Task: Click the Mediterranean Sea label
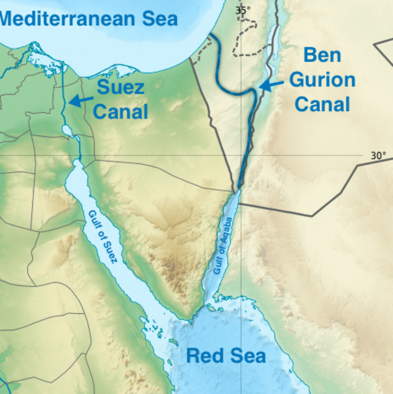[x=89, y=18]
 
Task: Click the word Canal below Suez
[x=120, y=111]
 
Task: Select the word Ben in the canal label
[x=322, y=55]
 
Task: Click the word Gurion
[x=322, y=80]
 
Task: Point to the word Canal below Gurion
[x=322, y=104]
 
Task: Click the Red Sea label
[x=225, y=355]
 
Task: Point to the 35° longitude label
[x=243, y=9]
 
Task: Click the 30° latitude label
[x=378, y=156]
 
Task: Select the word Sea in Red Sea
[x=248, y=355]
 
